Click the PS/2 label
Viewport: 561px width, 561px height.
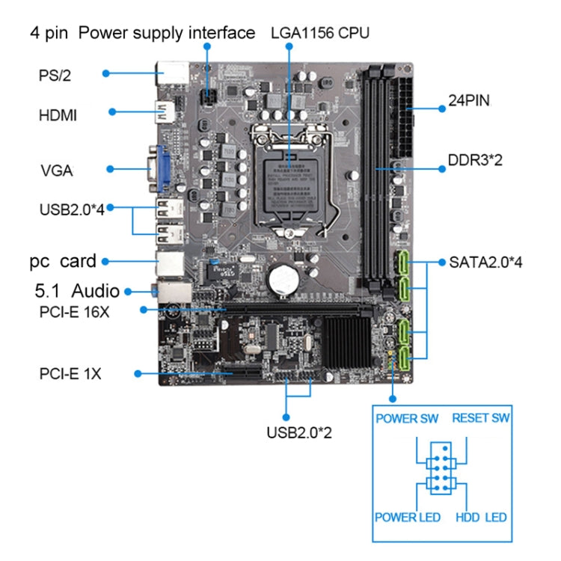click(x=55, y=75)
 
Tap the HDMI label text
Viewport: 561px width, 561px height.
click(x=58, y=116)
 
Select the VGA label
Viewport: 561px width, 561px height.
click(x=56, y=171)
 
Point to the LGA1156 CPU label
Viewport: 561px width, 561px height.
click(x=321, y=34)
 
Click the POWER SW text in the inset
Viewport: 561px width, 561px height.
click(x=407, y=418)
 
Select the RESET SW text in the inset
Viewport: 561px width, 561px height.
click(x=481, y=418)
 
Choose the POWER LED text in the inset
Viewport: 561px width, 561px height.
click(x=408, y=518)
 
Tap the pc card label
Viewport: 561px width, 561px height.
click(x=63, y=261)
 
